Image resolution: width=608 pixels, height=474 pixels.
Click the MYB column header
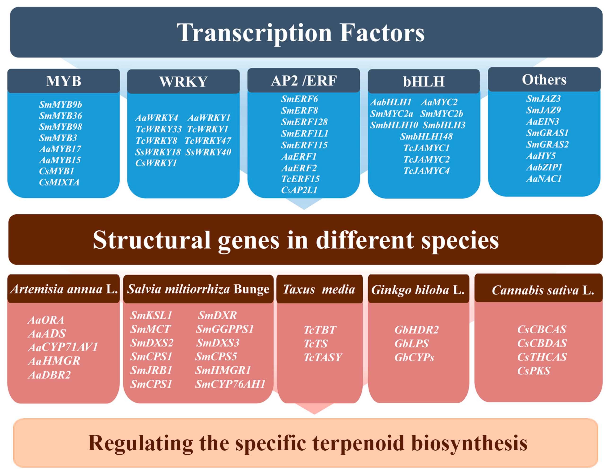[x=64, y=81]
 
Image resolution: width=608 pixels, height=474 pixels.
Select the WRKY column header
[x=183, y=82]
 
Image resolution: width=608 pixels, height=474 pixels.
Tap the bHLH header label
[x=424, y=82]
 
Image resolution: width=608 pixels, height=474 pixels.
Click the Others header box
[x=544, y=80]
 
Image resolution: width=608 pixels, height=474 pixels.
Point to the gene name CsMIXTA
[x=59, y=182]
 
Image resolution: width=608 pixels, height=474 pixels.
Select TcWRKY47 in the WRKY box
[x=208, y=141]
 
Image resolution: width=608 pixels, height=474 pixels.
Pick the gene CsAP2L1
[x=299, y=190]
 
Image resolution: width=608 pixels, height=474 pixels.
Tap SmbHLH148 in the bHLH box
[x=426, y=136]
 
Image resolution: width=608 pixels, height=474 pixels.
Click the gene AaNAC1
[x=544, y=179]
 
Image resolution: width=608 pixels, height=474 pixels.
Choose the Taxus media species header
[x=319, y=289]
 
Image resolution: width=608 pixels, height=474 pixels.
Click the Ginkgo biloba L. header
[x=418, y=290]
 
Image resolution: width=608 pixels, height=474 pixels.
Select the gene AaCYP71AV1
[x=63, y=347]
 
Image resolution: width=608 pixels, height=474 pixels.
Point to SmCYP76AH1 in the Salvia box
[x=230, y=384]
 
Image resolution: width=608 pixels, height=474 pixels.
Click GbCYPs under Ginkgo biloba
[x=414, y=358]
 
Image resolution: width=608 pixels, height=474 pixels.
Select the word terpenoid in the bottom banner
[x=358, y=443]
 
